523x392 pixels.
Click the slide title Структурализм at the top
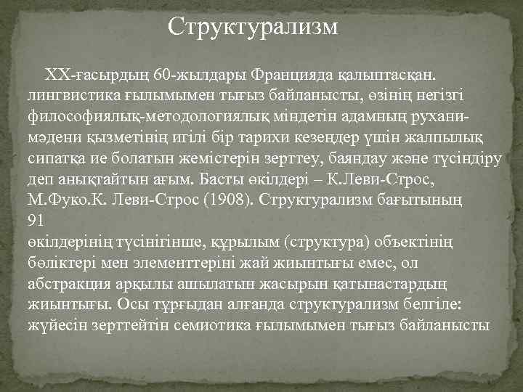pos(253,27)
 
